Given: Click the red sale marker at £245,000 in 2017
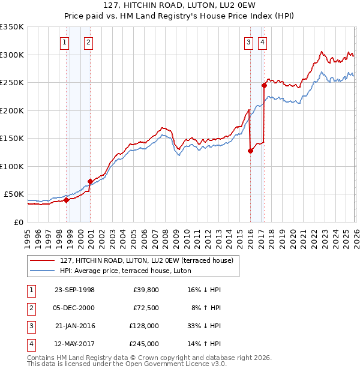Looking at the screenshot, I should (264, 85).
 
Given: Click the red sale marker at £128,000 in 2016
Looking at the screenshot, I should (250, 151).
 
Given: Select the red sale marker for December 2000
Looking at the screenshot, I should (90, 181).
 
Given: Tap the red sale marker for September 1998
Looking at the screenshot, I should (67, 200).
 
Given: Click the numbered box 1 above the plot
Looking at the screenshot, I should (64, 42).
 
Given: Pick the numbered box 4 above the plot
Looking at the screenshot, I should (263, 42).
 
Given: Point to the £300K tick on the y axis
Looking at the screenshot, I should (12, 55).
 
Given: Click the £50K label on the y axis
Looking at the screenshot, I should (14, 194).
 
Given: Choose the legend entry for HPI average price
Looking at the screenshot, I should (125, 271).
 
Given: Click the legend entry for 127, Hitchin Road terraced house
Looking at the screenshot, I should (150, 260).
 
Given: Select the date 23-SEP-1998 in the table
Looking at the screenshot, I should (74, 290).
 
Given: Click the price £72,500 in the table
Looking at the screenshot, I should (146, 308).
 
